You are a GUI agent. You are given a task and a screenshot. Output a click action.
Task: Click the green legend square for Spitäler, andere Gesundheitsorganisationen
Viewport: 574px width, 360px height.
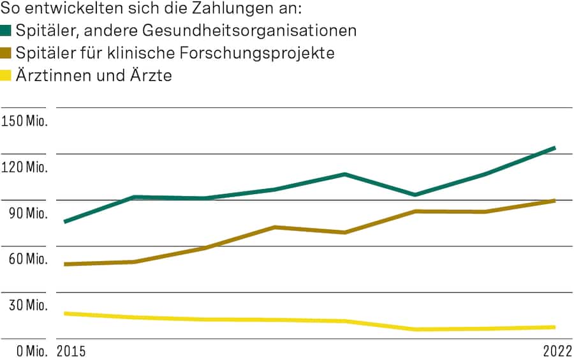point(6,31)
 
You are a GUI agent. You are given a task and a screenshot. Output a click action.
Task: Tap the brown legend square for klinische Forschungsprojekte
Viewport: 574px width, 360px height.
point(6,53)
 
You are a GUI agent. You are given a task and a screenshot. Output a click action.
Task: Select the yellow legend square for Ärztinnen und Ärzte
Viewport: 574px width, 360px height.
point(6,75)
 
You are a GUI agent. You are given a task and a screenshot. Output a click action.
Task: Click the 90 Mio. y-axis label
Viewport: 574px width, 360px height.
point(26,213)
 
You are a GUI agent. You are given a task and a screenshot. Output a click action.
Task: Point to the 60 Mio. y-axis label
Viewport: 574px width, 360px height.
point(26,259)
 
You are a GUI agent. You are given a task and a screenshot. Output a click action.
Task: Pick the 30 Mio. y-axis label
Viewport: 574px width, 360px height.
point(26,305)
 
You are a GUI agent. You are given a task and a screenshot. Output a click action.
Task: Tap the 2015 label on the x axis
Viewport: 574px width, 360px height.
point(71,351)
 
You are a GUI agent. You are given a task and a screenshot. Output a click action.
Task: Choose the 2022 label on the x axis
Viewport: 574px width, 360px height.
point(557,351)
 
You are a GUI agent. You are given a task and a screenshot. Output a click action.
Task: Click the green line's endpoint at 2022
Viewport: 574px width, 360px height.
point(555,148)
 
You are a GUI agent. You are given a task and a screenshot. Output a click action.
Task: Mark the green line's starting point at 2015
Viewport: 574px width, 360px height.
point(65,221)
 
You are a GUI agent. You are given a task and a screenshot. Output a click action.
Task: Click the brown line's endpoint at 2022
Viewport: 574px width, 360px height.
point(555,200)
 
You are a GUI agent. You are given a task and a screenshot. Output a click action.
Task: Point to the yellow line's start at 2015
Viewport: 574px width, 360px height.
point(65,313)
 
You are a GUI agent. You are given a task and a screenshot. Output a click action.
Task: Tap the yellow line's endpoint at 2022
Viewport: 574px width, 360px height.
point(555,327)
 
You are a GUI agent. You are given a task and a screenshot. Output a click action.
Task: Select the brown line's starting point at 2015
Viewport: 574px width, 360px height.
point(65,264)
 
